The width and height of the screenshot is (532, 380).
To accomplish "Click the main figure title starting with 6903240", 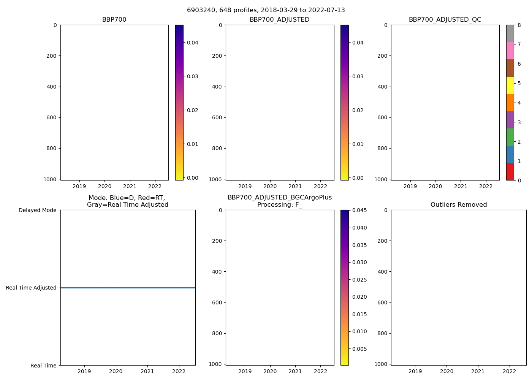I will coord(266,10).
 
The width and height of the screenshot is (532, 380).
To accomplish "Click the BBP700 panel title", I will coord(114,20).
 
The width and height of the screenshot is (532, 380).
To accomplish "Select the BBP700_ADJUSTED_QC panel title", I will coord(445,20).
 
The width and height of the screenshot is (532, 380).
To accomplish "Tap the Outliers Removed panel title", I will coord(459,205).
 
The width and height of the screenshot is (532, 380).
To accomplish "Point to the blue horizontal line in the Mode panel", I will coord(128,288).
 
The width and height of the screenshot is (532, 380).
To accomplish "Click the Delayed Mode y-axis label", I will coord(37,210).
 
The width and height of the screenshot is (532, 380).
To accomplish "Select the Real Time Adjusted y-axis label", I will coord(31,288).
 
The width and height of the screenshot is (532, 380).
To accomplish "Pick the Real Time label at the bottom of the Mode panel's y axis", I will coord(43,366).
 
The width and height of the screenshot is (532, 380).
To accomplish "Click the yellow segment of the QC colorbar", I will coord(510,85).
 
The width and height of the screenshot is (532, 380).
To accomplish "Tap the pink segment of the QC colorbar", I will coord(510,51).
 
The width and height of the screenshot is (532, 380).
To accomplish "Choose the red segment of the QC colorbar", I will coord(510,172).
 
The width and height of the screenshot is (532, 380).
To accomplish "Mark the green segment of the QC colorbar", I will coord(510,137).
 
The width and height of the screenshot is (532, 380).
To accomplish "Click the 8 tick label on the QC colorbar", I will coord(519,25).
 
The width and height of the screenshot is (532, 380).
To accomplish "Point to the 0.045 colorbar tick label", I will coord(359,210).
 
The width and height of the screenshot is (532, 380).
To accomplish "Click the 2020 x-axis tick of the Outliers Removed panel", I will coord(446,371).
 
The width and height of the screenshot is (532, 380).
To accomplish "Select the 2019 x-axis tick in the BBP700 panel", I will coord(79,186).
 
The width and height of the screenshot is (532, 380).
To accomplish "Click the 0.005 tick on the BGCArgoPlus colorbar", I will coord(359,349).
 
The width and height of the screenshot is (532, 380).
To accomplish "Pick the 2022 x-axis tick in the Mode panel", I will coord(179,371).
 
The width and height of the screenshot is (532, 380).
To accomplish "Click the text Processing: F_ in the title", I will coord(279,205).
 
